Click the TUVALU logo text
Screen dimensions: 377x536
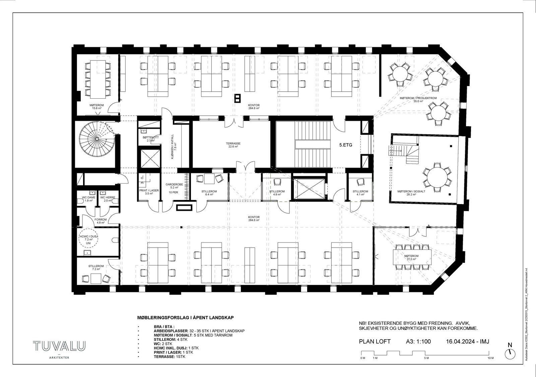(x=59, y=346)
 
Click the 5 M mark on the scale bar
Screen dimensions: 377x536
(x=426, y=358)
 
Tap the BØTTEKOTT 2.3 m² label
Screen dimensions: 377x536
(x=148, y=139)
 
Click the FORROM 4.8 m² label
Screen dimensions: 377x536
(x=101, y=221)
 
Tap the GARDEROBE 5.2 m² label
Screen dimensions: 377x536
(x=174, y=186)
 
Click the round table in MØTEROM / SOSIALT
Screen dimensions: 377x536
(x=437, y=177)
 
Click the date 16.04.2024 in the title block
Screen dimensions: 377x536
(x=461, y=342)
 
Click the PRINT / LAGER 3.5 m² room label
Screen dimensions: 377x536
(x=149, y=192)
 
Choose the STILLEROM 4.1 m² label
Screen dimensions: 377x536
(x=360, y=193)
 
